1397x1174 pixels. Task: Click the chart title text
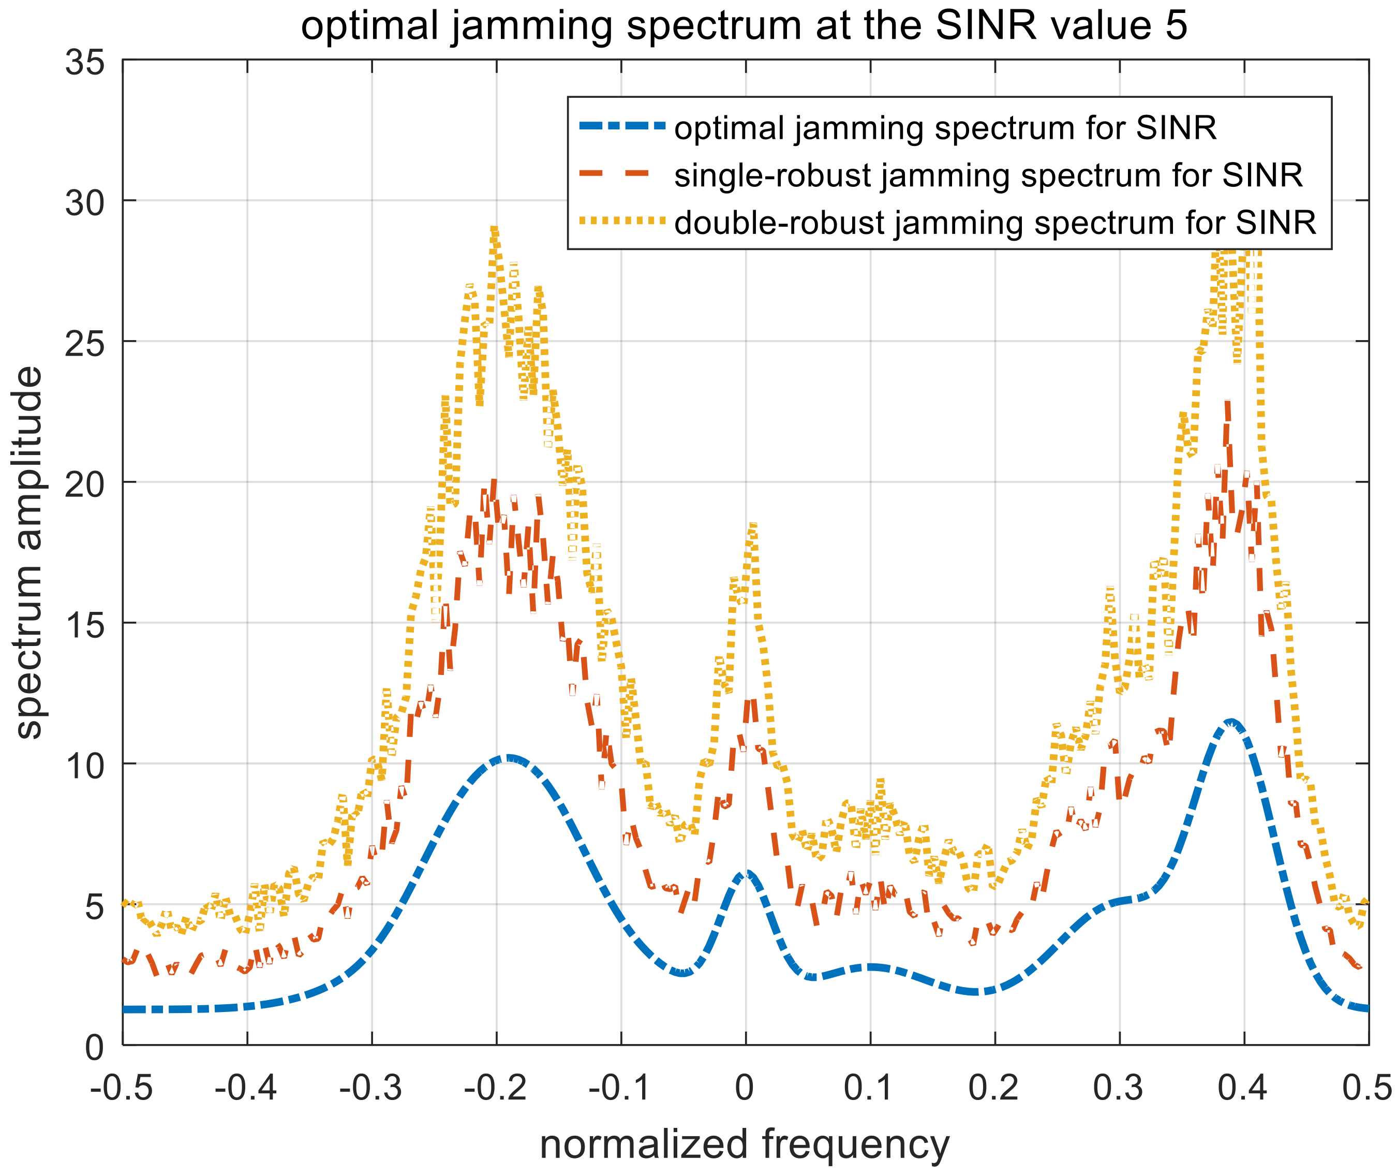(744, 26)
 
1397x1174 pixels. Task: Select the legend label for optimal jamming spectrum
(945, 128)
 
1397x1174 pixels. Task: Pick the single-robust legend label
(988, 175)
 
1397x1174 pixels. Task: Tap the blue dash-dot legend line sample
(622, 126)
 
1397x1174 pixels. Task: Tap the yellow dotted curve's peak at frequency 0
(752, 526)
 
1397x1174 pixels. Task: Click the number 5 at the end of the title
(1177, 26)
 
